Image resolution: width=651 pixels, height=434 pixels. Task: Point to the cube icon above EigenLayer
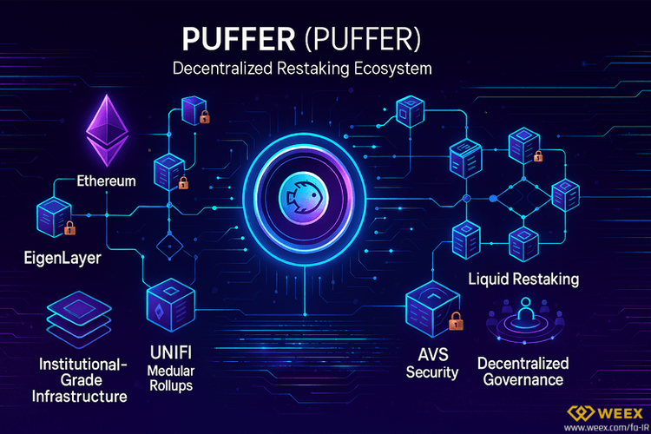(x=53, y=216)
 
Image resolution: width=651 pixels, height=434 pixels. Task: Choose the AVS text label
(x=431, y=355)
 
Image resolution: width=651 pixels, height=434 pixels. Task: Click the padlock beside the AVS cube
(x=454, y=325)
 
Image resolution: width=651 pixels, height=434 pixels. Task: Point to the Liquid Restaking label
(x=523, y=279)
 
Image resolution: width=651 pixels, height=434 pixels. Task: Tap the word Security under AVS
(x=431, y=372)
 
